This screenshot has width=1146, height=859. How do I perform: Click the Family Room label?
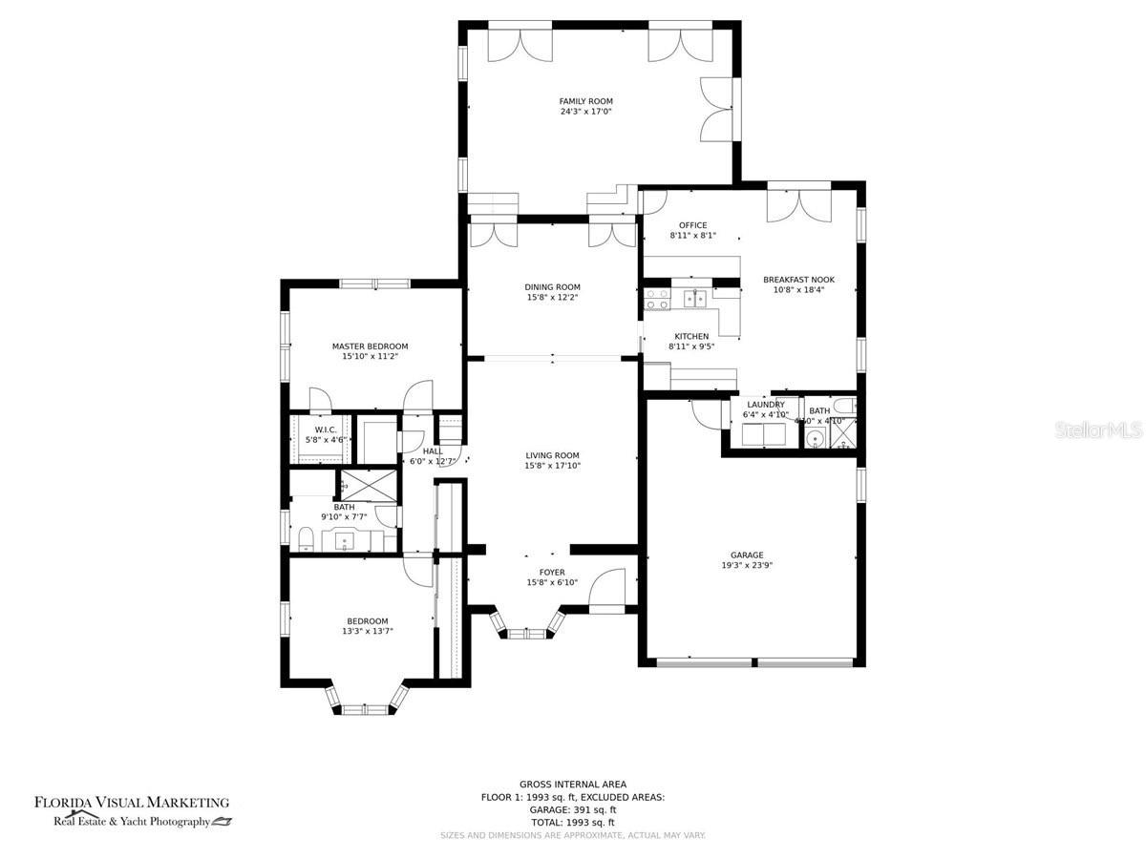[585, 101]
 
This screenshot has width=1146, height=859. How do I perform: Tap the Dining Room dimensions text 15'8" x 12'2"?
[552, 298]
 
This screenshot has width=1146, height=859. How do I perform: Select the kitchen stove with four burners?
[657, 299]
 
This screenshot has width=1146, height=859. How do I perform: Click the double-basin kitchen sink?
[694, 298]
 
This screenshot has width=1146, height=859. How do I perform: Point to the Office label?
[692, 225]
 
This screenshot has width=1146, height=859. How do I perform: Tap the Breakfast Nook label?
[798, 280]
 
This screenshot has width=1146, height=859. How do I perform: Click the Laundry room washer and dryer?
[765, 434]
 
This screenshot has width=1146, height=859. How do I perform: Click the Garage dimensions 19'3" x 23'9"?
[747, 565]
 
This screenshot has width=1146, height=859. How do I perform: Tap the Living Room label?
[552, 455]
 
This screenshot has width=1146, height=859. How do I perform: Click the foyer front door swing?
[606, 590]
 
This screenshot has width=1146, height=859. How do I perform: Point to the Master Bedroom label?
[370, 346]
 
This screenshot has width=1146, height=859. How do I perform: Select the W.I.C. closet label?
[326, 429]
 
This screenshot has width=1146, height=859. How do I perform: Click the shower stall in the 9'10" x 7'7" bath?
[367, 485]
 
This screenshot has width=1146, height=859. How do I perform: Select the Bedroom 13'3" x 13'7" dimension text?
[368, 631]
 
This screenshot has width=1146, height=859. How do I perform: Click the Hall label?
[433, 451]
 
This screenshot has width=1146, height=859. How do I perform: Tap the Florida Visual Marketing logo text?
[132, 803]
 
